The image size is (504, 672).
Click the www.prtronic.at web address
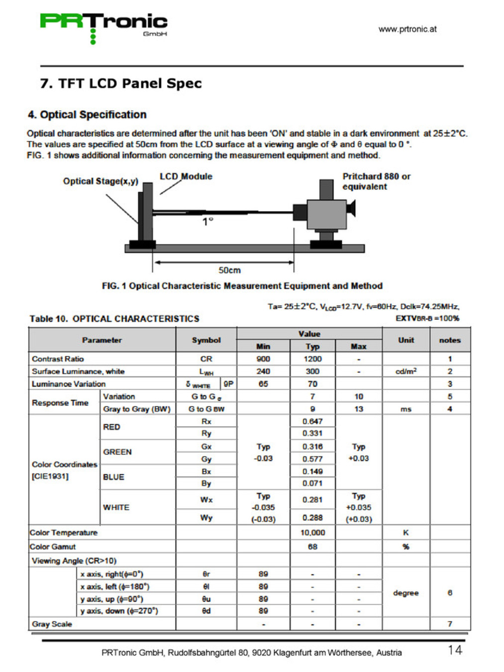pyautogui.click(x=407, y=29)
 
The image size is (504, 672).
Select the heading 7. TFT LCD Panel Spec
pyautogui.click(x=121, y=83)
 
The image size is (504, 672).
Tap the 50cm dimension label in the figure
pyautogui.click(x=229, y=270)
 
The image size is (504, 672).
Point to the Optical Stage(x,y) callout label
pyautogui.click(x=101, y=181)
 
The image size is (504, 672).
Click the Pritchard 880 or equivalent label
pyautogui.click(x=376, y=181)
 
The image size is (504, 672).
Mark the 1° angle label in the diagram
pyautogui.click(x=207, y=222)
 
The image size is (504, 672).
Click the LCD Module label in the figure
pyautogui.click(x=186, y=176)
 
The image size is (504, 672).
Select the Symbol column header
pyautogui.click(x=206, y=340)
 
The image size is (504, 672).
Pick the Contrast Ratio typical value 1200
pyautogui.click(x=312, y=359)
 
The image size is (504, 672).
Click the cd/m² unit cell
pyautogui.click(x=405, y=371)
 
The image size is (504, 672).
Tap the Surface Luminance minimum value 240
pyautogui.click(x=263, y=371)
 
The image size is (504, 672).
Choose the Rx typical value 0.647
pyautogui.click(x=312, y=421)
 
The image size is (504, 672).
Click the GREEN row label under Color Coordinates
pyautogui.click(x=117, y=452)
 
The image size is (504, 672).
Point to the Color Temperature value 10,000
pyautogui.click(x=312, y=533)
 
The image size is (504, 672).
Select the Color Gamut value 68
pyautogui.click(x=312, y=547)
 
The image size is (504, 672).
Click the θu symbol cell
pyautogui.click(x=206, y=599)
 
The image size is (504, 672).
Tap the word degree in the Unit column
pyautogui.click(x=405, y=593)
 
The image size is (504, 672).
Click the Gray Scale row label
pyautogui.click(x=52, y=624)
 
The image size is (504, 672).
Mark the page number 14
pyautogui.click(x=455, y=650)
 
